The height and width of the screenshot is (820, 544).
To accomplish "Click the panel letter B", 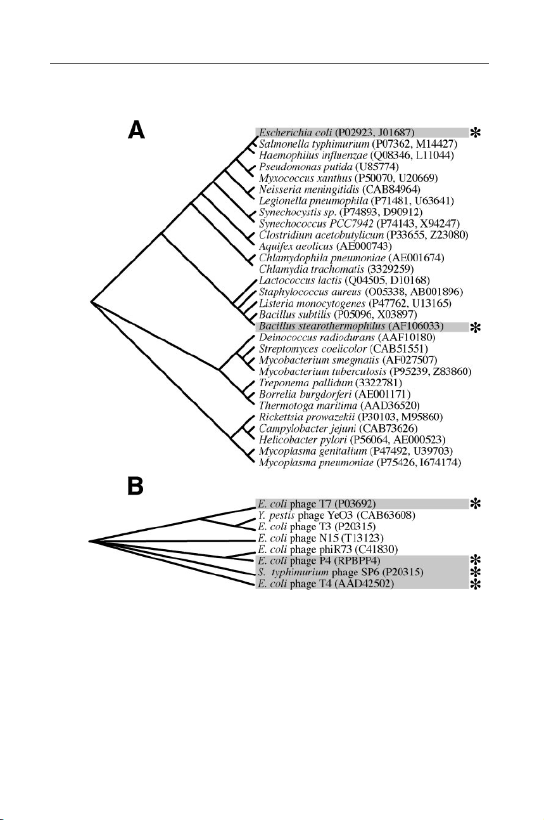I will pos(136,486).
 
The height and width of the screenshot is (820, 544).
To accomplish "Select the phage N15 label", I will pos(302,538).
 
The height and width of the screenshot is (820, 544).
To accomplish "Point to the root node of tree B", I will pos(89,541).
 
